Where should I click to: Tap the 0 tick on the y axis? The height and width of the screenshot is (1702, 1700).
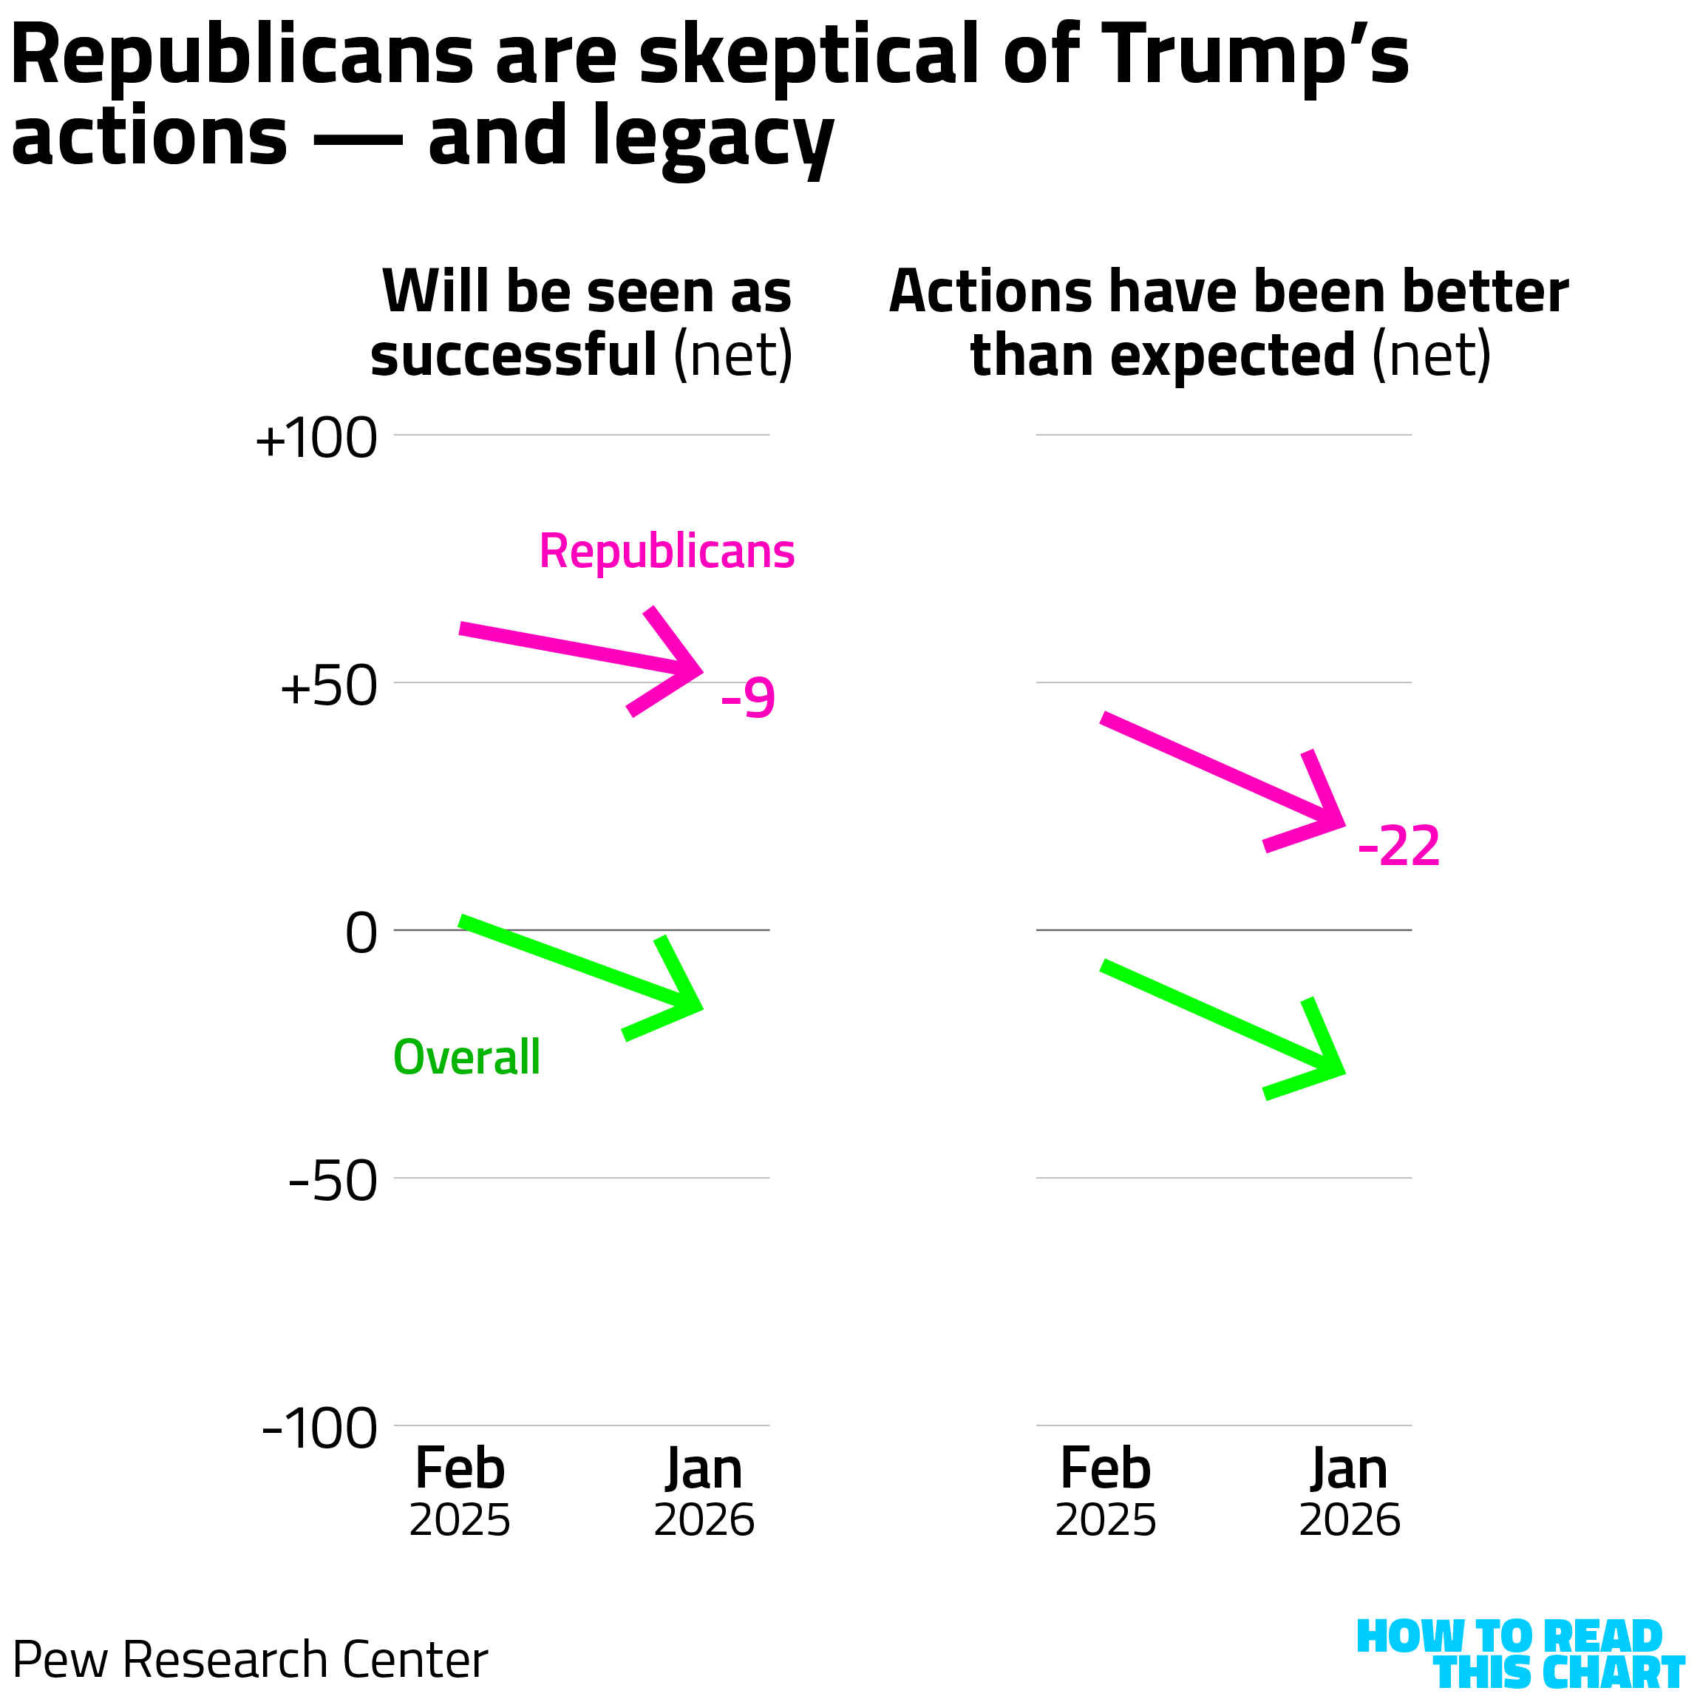tap(361, 933)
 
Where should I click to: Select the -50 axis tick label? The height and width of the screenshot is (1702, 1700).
tap(332, 1181)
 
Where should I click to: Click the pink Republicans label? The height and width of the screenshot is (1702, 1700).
tap(667, 552)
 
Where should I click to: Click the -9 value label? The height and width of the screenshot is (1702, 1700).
tap(748, 699)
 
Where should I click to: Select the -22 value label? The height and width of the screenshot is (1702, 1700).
tap(1398, 847)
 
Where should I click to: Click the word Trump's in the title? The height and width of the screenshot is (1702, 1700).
tap(1254, 55)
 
